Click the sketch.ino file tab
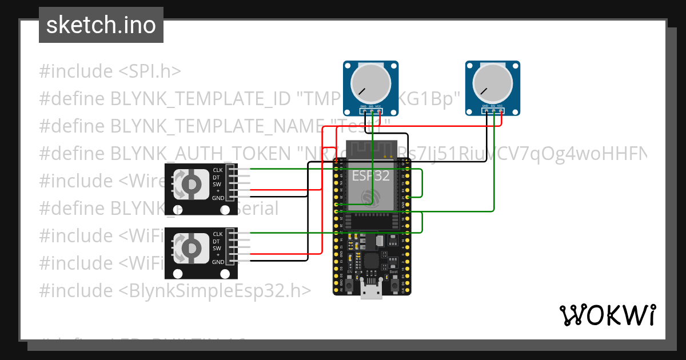[101, 25]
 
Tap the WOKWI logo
[607, 315]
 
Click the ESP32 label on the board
[370, 175]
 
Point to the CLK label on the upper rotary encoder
[218, 170]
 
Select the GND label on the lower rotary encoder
[218, 262]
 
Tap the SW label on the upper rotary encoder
[217, 184]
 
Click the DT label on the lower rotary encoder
[217, 241]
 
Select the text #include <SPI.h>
[110, 71]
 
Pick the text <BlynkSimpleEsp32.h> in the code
[215, 290]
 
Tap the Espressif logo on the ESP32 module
[370, 198]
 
